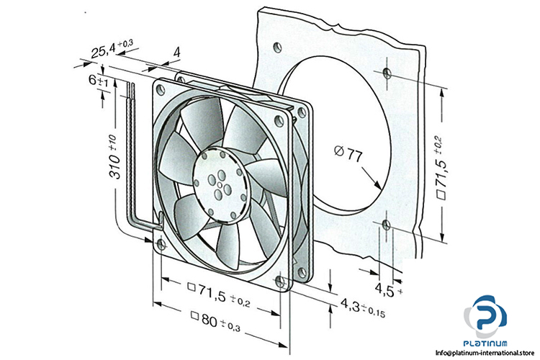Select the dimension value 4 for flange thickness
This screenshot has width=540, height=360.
[x=177, y=53]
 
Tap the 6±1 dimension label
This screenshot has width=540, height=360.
[x=99, y=81]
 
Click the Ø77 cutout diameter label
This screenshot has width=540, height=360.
[x=348, y=153]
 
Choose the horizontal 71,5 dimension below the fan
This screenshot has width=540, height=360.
[x=218, y=294]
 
